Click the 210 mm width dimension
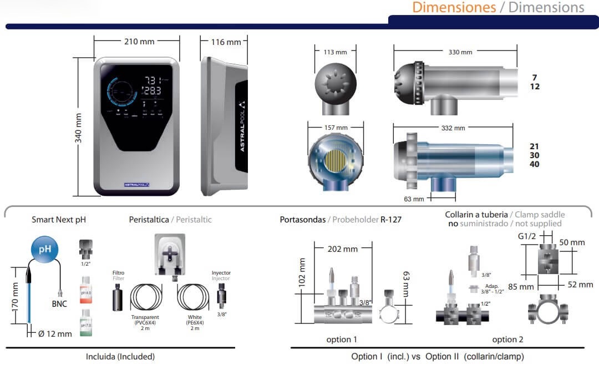point(138,42)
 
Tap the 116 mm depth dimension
point(226,42)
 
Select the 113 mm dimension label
point(334,52)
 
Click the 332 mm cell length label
point(453,128)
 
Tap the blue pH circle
point(44,249)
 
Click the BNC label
point(59,304)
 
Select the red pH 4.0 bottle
point(85,290)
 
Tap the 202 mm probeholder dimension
point(342,249)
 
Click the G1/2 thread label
point(527,236)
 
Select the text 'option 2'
point(507,339)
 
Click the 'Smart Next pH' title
point(59,220)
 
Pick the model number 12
point(534,87)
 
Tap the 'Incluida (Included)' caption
point(120,357)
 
